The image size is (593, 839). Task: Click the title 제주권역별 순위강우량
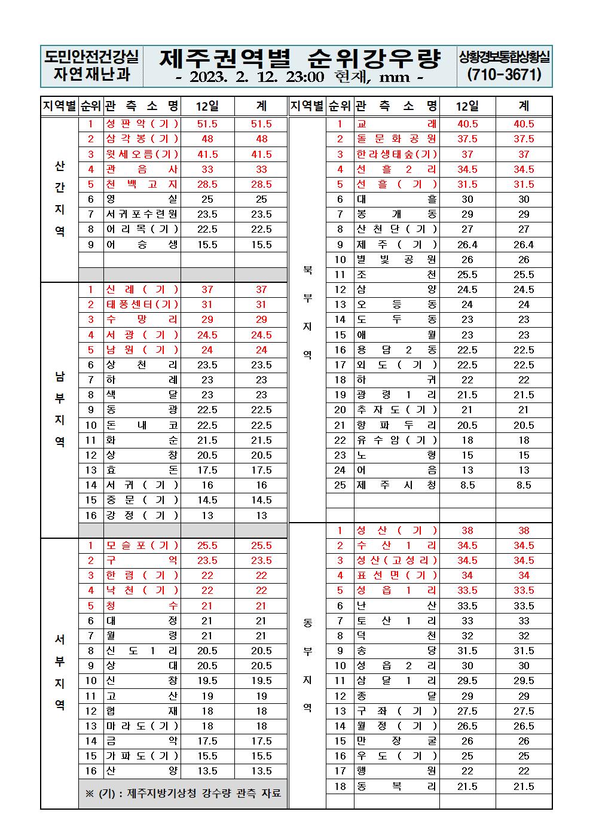(x=300, y=59)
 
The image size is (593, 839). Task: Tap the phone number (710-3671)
(x=505, y=75)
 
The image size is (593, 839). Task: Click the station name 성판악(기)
(x=142, y=124)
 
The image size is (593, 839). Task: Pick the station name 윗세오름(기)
(x=142, y=154)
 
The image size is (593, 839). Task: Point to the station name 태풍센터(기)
(x=142, y=304)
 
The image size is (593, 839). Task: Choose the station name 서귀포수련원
(x=142, y=214)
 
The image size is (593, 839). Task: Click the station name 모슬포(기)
(x=142, y=545)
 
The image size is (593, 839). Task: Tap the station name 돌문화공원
(x=396, y=139)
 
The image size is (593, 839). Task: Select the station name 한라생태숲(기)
(x=396, y=154)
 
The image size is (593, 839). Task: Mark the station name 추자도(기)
(x=396, y=410)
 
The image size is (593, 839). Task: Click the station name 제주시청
(x=396, y=485)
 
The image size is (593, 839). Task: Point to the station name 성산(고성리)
(x=396, y=560)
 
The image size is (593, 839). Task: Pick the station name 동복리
(x=396, y=786)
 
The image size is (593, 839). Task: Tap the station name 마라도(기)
(x=142, y=726)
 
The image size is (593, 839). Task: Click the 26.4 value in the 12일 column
(x=467, y=245)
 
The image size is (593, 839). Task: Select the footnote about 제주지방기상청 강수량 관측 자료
(x=183, y=794)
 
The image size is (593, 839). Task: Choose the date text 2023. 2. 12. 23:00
(x=256, y=77)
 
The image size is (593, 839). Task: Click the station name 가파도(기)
(x=142, y=756)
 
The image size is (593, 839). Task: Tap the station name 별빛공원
(x=396, y=260)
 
